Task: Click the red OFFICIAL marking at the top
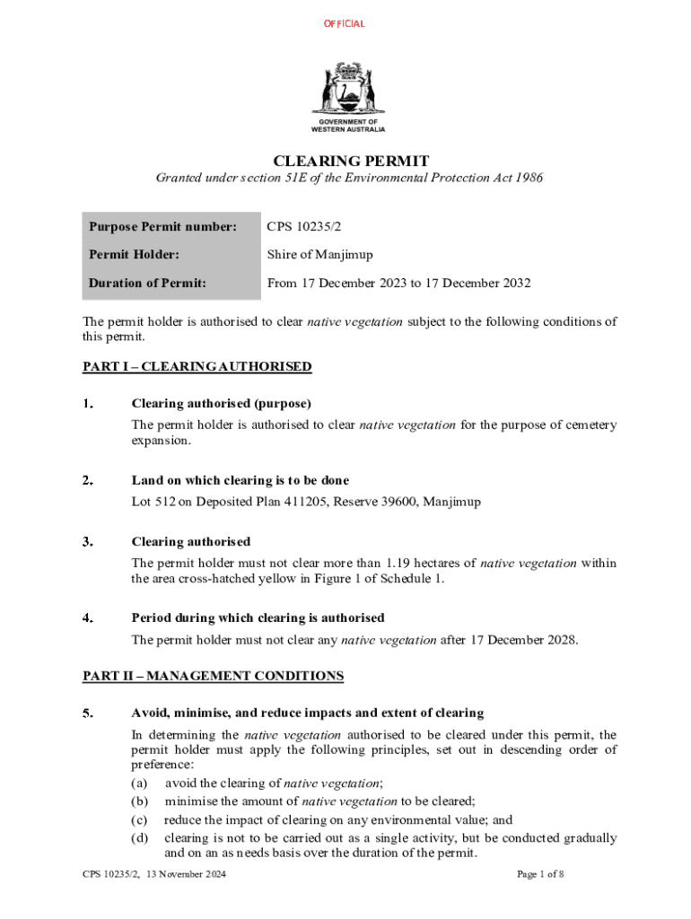[345, 23]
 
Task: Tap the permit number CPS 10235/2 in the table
[304, 227]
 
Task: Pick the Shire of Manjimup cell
[319, 255]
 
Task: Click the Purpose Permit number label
[162, 227]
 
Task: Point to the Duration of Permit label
[147, 283]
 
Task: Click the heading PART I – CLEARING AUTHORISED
[197, 366]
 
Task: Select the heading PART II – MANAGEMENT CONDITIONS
[213, 675]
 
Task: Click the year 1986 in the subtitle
[528, 178]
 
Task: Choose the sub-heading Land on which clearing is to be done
[240, 480]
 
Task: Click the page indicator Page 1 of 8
[540, 873]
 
